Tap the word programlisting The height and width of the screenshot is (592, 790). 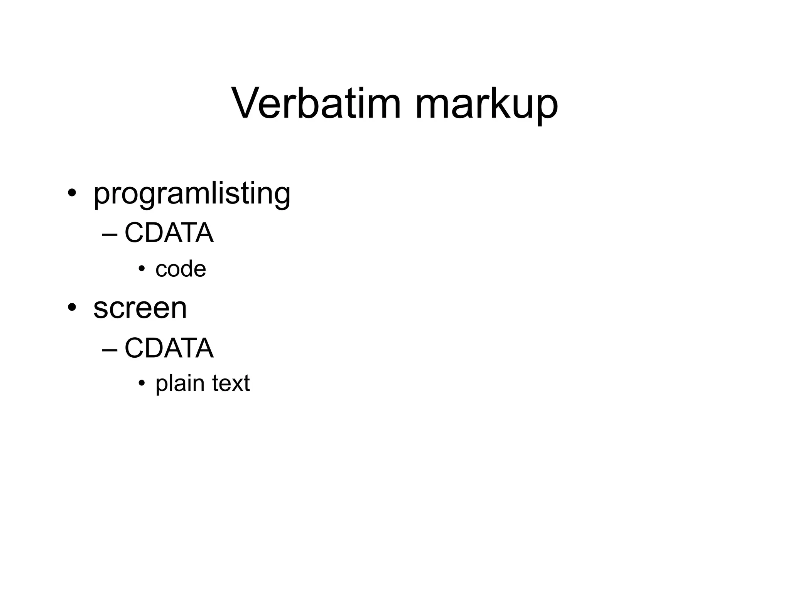point(192,193)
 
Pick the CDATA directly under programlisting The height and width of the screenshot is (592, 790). point(169,233)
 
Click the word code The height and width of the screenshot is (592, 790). point(181,269)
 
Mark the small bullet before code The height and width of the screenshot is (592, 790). point(142,269)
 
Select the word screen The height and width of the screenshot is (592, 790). point(140,308)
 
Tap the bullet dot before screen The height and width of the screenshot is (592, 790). point(71,307)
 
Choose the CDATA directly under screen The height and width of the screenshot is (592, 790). point(169,348)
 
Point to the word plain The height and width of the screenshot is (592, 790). point(180,384)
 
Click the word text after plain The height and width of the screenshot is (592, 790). point(231,383)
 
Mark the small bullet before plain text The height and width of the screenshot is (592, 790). point(142,383)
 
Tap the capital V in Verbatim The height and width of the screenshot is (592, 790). point(246,103)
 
